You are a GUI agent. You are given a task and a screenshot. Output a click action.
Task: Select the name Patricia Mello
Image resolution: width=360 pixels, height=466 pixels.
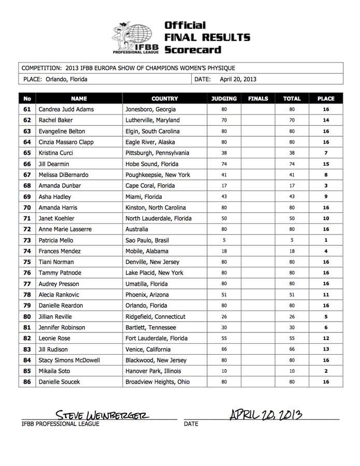point(56,240)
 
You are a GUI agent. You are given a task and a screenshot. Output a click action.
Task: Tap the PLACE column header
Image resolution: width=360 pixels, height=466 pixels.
point(326,98)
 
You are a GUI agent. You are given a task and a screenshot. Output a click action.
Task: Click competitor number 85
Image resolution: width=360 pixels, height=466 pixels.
point(27,371)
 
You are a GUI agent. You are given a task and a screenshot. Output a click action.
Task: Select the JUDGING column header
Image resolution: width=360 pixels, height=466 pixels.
point(224,98)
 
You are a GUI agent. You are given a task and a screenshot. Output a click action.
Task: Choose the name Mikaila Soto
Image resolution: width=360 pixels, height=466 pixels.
point(54,371)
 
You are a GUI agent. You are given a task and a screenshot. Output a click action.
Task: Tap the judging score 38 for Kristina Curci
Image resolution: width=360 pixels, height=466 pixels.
point(224,153)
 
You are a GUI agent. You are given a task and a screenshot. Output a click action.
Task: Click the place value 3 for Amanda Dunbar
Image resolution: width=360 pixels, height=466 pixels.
point(326,186)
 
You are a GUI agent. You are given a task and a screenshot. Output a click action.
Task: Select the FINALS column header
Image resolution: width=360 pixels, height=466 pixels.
point(258,98)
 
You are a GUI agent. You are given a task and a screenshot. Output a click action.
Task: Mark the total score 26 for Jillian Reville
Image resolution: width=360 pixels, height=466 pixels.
point(292,317)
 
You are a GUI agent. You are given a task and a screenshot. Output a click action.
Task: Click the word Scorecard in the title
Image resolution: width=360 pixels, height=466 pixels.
point(193,50)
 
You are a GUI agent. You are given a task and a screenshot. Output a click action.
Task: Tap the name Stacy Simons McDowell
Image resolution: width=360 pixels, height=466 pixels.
point(69,360)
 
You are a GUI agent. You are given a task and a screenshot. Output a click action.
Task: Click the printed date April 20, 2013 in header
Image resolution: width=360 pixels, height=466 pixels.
point(238,80)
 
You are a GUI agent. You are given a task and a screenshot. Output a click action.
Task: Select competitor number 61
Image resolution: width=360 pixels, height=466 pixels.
point(27,110)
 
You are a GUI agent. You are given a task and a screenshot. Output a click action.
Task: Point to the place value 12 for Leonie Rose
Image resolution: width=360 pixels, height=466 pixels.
point(326,339)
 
